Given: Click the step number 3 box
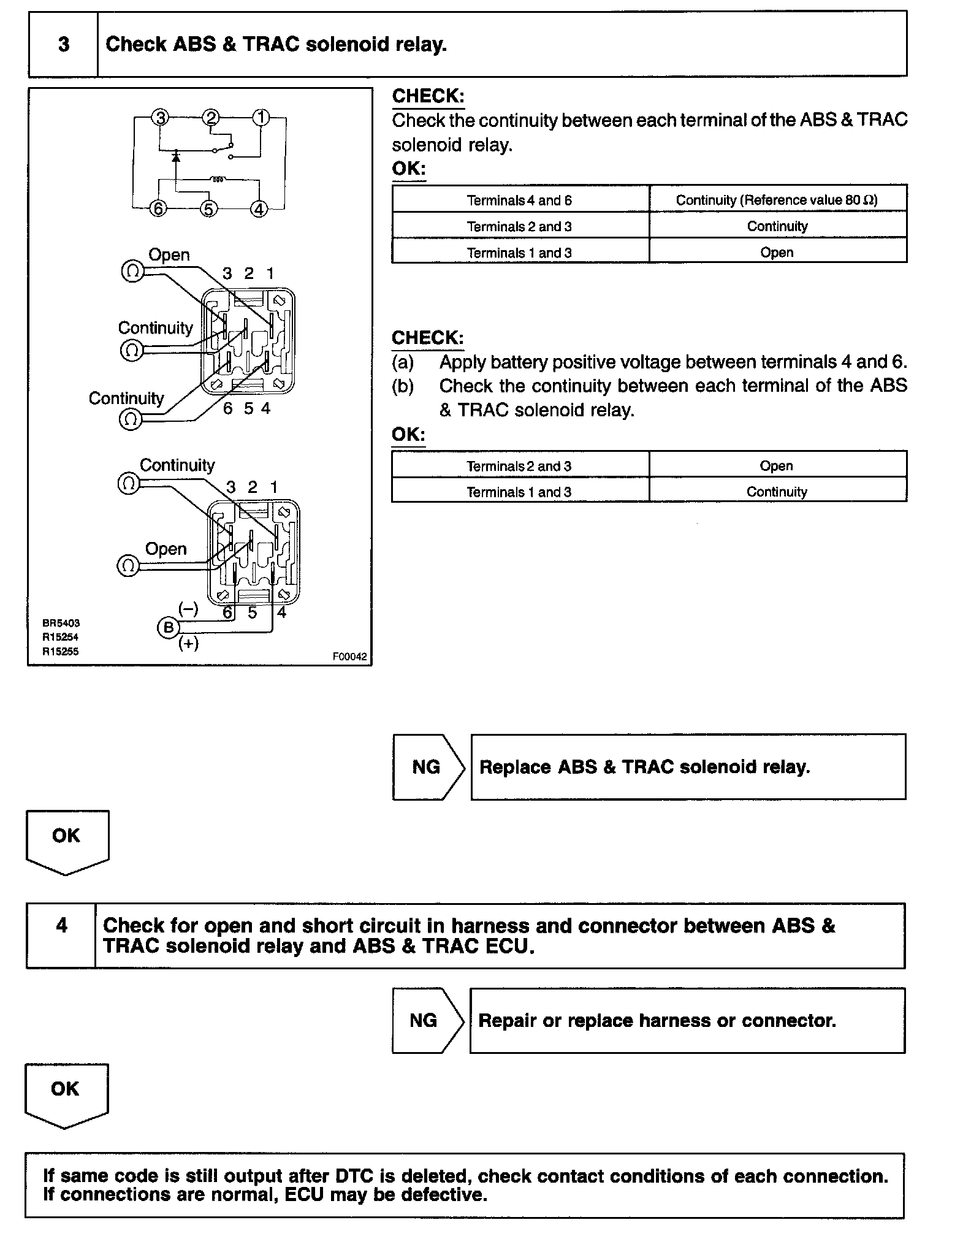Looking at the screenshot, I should click(x=63, y=44).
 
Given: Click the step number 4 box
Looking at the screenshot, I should click(x=61, y=925).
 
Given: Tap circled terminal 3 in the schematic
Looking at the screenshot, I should click(x=160, y=117).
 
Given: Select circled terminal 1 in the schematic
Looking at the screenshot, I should click(x=262, y=117).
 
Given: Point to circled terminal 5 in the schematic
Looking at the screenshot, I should click(x=208, y=209).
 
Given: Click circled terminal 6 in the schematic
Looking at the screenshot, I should click(x=158, y=209).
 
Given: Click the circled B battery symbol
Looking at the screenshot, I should click(x=168, y=628).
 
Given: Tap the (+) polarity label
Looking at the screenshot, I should click(x=188, y=643).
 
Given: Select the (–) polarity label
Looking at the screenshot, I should click(x=188, y=609).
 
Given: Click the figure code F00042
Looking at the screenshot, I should click(x=349, y=657).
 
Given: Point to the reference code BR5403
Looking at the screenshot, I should click(x=61, y=623).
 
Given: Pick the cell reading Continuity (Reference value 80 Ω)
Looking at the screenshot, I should click(x=777, y=200).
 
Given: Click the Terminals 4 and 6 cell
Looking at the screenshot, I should click(x=519, y=200).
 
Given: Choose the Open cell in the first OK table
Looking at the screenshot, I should click(x=777, y=253).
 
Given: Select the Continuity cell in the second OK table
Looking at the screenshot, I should click(x=777, y=492).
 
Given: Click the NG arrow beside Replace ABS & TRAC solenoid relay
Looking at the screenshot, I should click(x=427, y=767).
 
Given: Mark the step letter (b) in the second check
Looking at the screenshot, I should click(x=403, y=386).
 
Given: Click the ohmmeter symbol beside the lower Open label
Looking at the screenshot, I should click(x=128, y=565).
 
